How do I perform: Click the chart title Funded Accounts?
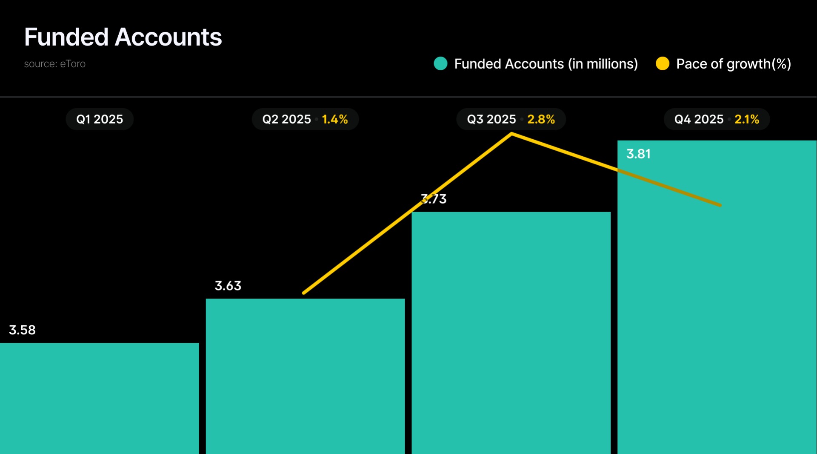tap(123, 37)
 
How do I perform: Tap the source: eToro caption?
tap(54, 64)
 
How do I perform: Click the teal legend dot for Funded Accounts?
tap(440, 63)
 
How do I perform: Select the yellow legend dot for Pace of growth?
tap(662, 63)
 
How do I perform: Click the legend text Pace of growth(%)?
tap(733, 64)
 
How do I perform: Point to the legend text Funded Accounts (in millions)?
tap(546, 64)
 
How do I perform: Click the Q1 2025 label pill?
tap(100, 119)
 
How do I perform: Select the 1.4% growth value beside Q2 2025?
tap(334, 119)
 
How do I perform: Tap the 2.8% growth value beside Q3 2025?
tap(541, 119)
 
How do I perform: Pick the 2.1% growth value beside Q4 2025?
tap(746, 119)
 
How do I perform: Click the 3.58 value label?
tap(22, 330)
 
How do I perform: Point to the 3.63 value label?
tap(228, 286)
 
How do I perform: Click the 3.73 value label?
tap(434, 199)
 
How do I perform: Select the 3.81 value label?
tap(638, 154)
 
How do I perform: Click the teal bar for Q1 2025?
tap(99, 398)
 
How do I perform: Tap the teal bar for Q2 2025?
tap(305, 377)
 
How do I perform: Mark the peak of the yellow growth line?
tap(511, 134)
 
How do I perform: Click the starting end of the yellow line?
tap(304, 293)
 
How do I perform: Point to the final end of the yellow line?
tap(720, 205)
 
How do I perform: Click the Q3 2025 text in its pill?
tap(491, 119)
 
